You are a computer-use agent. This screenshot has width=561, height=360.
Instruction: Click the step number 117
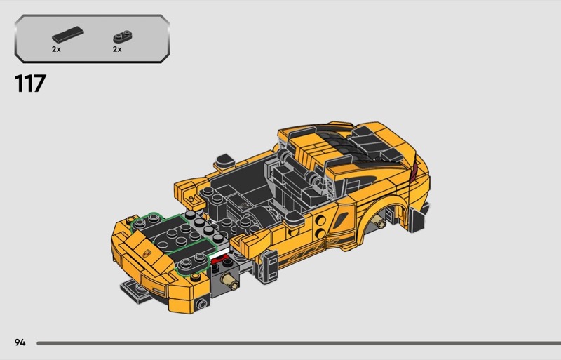click(x=30, y=84)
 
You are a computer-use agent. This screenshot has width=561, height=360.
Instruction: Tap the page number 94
click(x=20, y=342)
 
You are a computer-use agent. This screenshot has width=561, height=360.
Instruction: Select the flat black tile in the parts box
click(x=68, y=34)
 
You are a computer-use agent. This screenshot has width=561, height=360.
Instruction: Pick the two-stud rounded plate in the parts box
click(x=122, y=36)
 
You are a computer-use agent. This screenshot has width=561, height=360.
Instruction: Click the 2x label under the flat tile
click(x=56, y=49)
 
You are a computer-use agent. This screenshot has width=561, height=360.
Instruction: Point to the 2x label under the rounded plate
click(x=117, y=49)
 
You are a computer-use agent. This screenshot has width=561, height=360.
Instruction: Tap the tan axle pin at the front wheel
click(x=229, y=281)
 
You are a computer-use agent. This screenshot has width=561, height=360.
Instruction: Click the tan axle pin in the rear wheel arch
click(x=379, y=222)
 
